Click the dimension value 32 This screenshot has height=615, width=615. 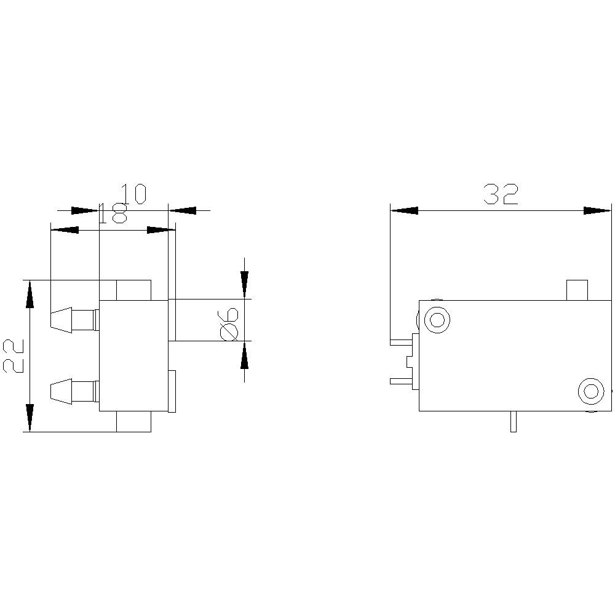tap(501, 194)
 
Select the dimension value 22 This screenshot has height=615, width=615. tap(14, 355)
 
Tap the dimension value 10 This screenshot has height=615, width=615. tap(133, 193)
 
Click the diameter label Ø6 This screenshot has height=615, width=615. tap(229, 323)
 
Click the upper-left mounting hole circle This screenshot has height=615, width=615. tap(437, 319)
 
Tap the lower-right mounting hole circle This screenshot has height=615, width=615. tap(591, 391)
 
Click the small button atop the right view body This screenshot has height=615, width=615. tap(577, 290)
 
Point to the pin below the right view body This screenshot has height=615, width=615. tap(514, 421)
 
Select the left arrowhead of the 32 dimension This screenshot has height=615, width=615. tap(404, 210)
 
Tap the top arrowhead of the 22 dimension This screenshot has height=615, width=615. tap(29, 293)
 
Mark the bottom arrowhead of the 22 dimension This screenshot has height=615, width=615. tap(29, 418)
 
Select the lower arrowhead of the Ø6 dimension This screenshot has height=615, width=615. tap(245, 355)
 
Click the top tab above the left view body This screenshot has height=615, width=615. tap(133, 290)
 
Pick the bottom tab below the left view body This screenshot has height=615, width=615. tap(133, 422)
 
